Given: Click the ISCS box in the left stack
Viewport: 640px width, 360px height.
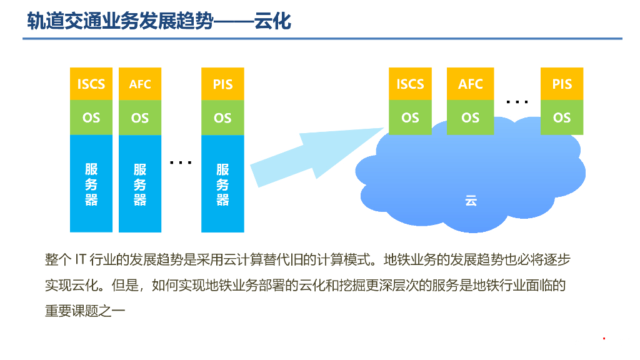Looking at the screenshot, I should click(91, 84).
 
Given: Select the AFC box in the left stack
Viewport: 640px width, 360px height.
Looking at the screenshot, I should click(140, 84).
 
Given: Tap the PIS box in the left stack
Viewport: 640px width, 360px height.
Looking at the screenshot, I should click(222, 84).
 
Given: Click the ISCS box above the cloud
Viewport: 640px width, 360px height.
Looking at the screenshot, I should click(410, 84).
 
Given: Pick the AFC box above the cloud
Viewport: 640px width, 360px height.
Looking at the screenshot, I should click(471, 84).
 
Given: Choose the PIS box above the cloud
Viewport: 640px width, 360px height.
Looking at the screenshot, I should click(562, 84).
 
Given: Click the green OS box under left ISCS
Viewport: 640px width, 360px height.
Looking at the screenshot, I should click(91, 117).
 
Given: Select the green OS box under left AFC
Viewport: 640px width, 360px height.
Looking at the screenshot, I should click(140, 117).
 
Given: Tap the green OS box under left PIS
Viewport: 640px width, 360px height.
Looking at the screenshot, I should click(222, 117).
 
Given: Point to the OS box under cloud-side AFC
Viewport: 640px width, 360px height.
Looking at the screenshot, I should click(471, 117).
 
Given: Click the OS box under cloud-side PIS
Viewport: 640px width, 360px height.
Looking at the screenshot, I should click(562, 117).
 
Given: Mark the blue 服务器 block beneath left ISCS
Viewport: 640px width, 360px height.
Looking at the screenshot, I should click(91, 184).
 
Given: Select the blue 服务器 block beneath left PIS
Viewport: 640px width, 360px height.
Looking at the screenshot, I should click(222, 184).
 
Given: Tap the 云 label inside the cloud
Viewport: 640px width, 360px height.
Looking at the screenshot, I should click(471, 201).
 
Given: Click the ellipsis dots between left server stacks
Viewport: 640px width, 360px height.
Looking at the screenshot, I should click(181, 163).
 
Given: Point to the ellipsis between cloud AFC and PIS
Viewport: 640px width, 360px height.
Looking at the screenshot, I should click(517, 101).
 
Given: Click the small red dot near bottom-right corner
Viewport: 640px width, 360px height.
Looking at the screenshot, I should click(604, 339).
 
